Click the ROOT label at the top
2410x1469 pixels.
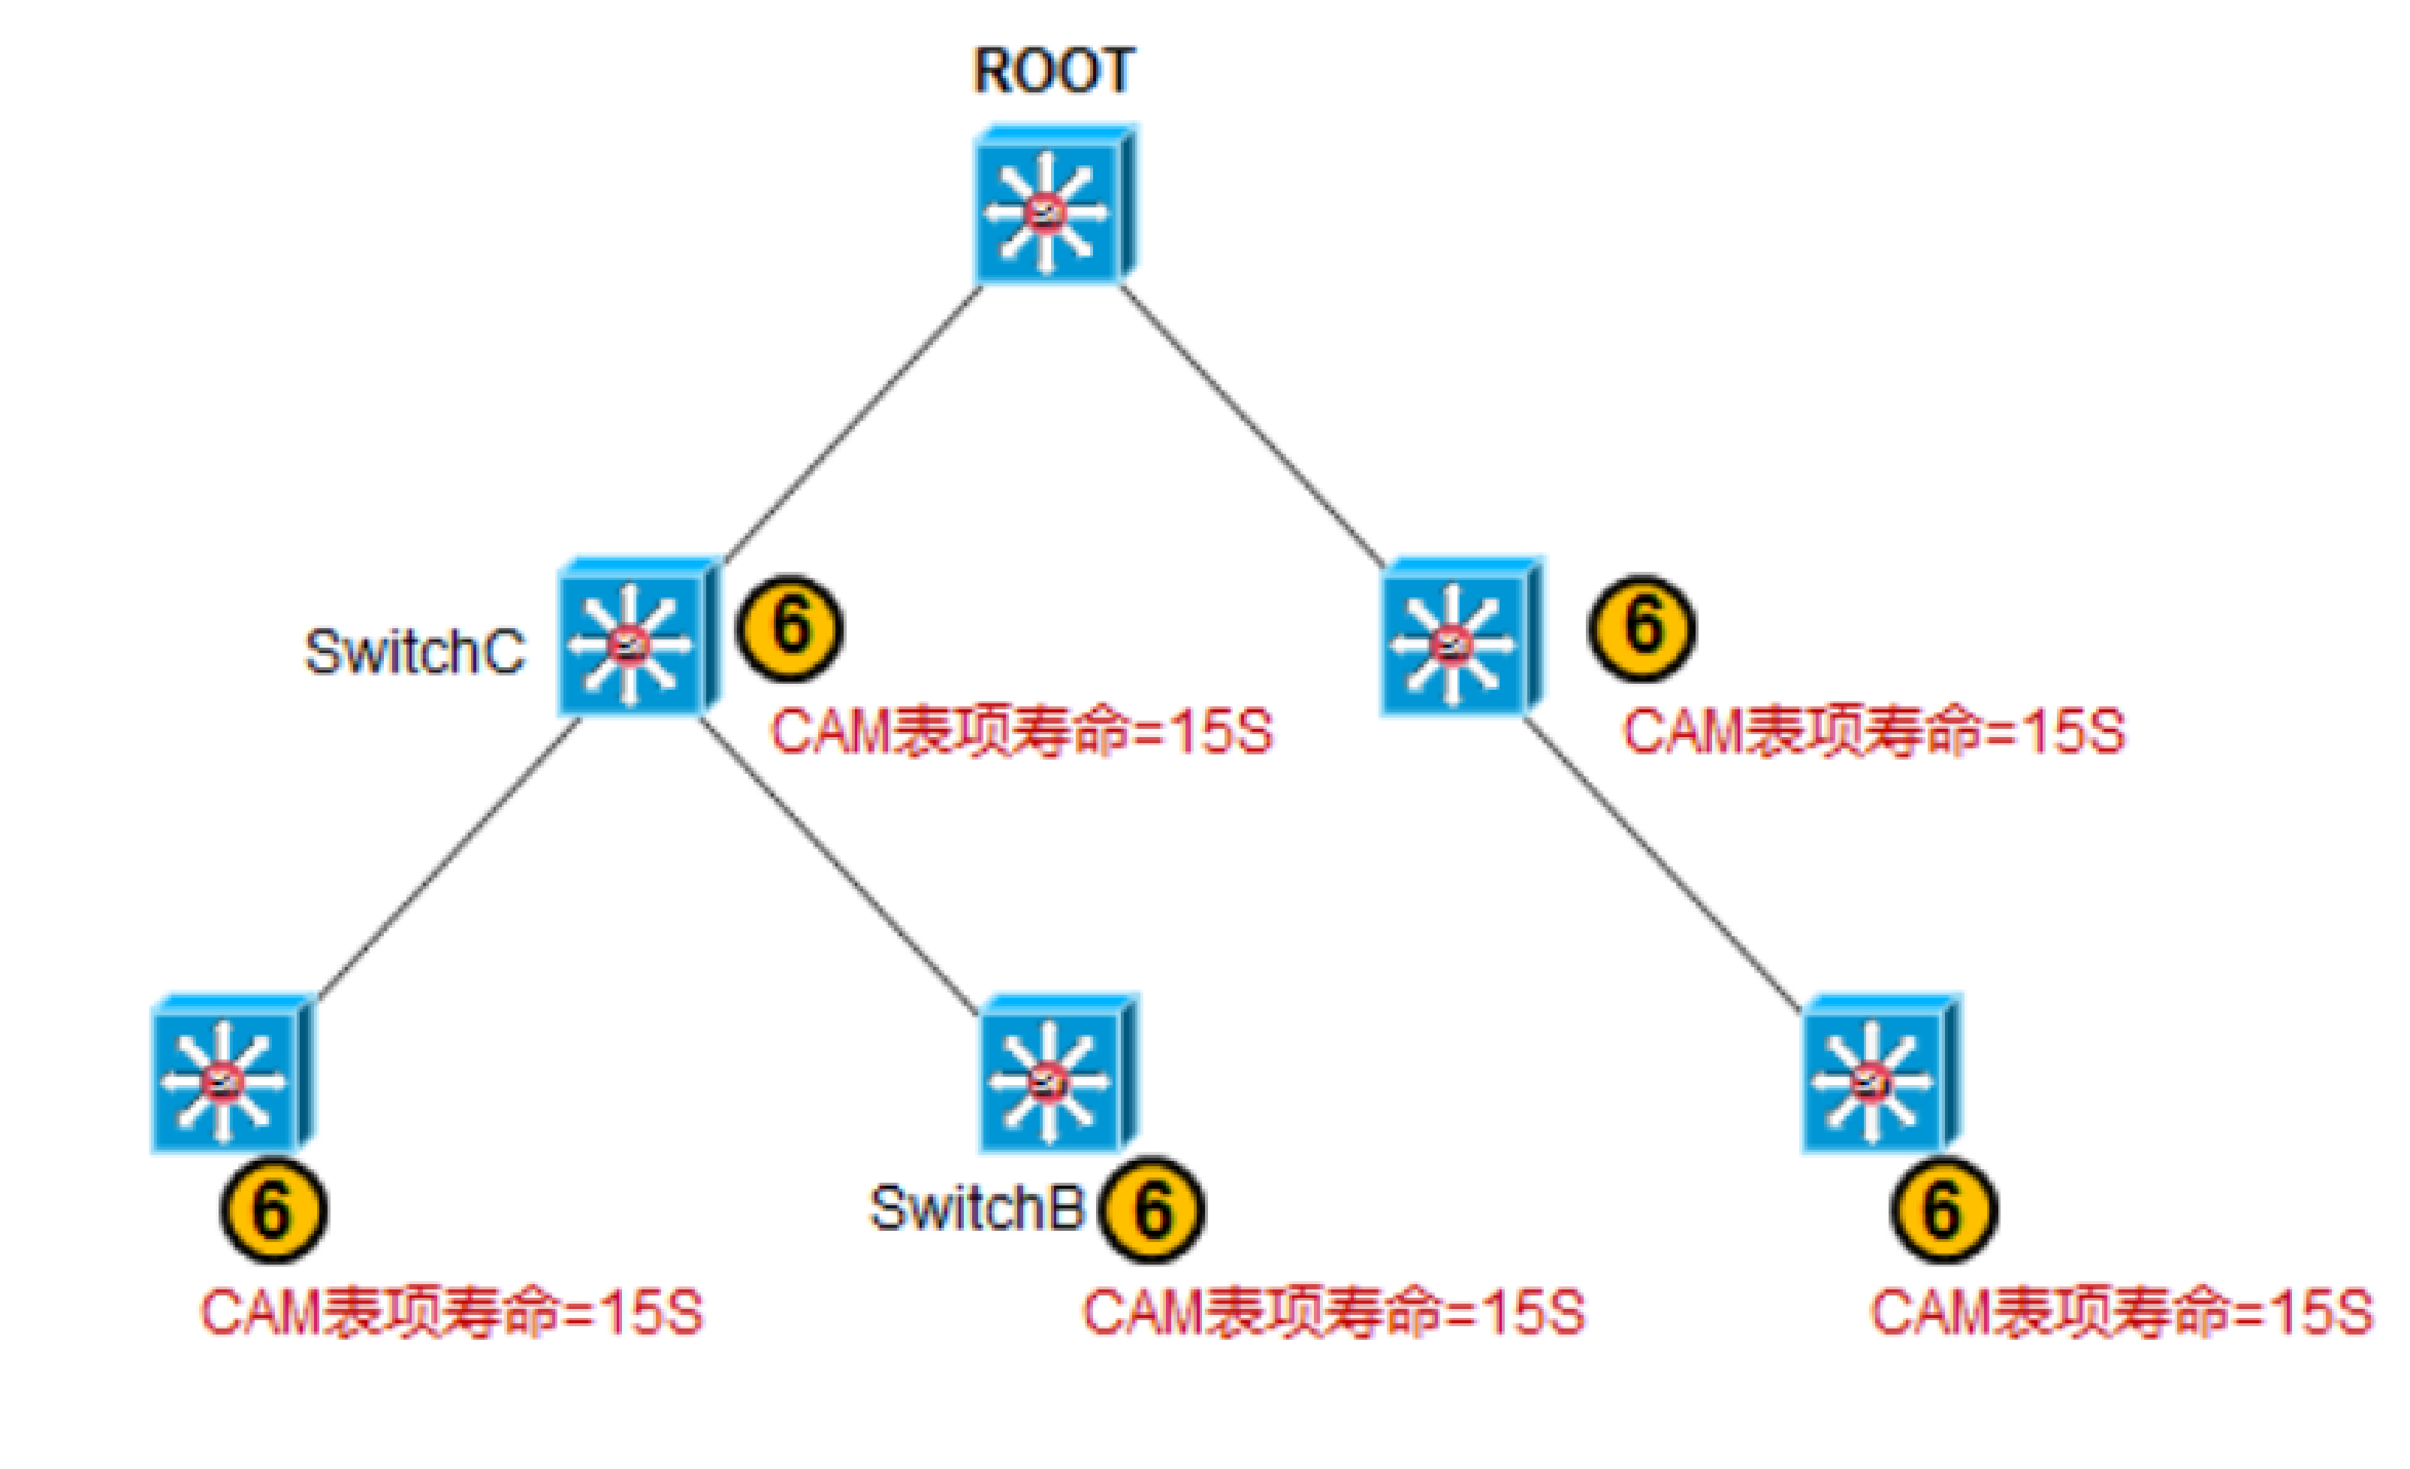[x=1053, y=71]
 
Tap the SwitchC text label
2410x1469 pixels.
[x=414, y=651]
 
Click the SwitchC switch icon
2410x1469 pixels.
[x=639, y=638]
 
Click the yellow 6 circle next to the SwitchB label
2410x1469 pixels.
[x=1151, y=1210]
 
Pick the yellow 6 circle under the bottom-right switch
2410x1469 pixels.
[x=1943, y=1210]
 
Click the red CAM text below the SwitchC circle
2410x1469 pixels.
[x=1021, y=732]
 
